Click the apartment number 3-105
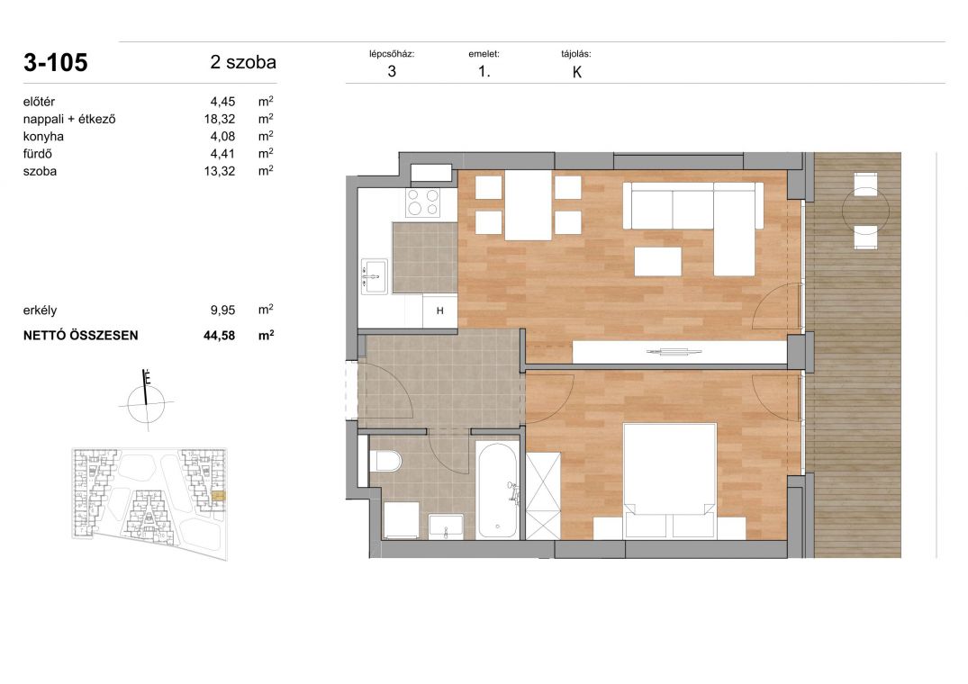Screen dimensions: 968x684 pos(56,63)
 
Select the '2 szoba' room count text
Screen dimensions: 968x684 pos(242,62)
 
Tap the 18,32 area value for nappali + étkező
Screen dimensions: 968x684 pos(220,119)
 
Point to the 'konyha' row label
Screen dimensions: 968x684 pos(43,136)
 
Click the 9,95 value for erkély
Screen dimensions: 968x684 pos(222,310)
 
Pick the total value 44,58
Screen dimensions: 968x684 pos(219,336)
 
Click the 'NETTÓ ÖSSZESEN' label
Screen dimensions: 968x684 pos(81,336)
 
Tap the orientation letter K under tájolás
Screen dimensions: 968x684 pos(577,72)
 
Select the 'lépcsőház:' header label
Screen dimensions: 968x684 pos(392,54)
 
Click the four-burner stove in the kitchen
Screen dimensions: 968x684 pos(423,202)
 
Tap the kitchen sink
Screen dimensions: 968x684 pos(374,276)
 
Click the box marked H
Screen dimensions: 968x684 pos(440,310)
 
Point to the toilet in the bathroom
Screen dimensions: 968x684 pos(386,461)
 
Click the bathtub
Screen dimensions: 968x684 pos(497,490)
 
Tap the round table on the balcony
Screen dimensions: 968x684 pos(866,211)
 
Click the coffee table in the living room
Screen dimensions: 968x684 pos(658,261)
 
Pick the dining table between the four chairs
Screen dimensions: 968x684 pos(529,205)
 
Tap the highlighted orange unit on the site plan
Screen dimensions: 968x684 pos(219,495)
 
